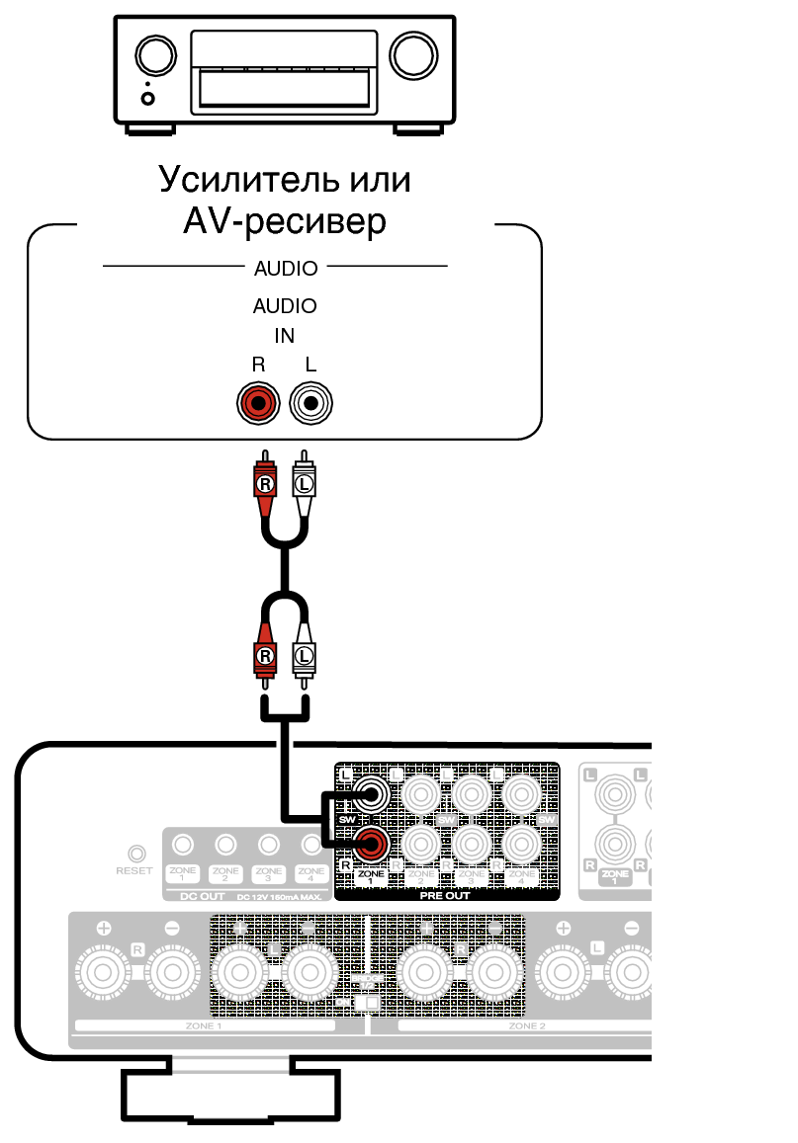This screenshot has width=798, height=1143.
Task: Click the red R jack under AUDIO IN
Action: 259,402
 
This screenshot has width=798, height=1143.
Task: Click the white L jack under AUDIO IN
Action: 311,402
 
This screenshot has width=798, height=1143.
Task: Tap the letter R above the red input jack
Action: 259,365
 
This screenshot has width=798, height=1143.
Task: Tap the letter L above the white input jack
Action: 311,365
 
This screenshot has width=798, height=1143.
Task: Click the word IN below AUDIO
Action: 285,336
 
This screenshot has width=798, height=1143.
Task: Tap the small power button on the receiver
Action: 148,98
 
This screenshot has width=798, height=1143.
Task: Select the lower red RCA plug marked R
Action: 265,654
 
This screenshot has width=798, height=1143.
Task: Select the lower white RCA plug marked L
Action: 305,654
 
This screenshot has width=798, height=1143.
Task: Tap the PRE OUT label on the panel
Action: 445,895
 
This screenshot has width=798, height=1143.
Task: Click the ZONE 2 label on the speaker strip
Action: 527,1026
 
